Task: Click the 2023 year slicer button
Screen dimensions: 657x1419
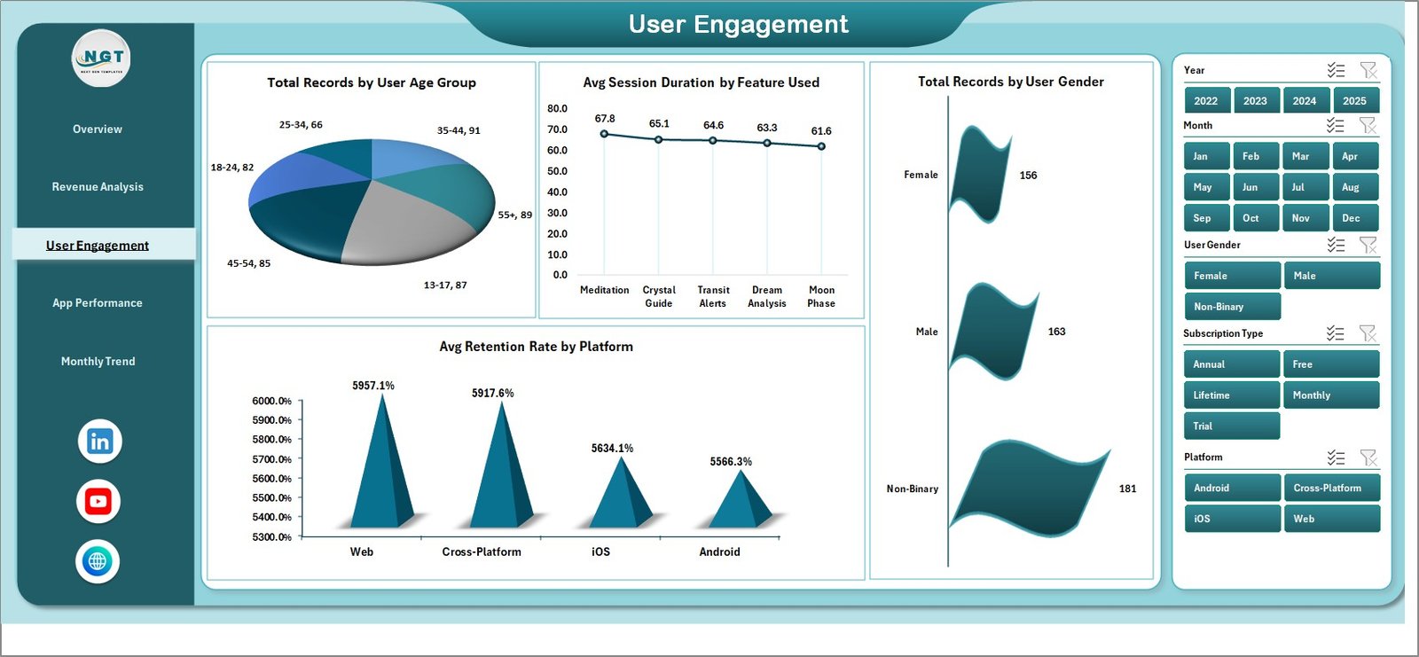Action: [1255, 100]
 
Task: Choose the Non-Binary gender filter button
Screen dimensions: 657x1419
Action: [1232, 307]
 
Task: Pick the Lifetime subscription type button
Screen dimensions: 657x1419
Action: [1231, 395]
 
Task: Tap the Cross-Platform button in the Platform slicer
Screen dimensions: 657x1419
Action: [1331, 488]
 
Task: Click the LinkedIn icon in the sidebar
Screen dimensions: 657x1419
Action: [99, 442]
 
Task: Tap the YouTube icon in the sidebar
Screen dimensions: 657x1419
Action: [98, 502]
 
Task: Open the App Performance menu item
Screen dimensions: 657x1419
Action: [98, 303]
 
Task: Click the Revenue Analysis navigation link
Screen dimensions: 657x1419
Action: [98, 187]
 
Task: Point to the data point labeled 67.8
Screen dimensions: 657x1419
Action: [605, 134]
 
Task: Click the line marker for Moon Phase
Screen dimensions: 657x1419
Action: [821, 146]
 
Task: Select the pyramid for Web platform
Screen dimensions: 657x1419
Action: [381, 470]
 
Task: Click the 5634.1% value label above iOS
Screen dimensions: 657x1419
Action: [612, 449]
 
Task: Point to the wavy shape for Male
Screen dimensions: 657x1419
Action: [993, 331]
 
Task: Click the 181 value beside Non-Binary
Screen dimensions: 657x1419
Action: [1127, 489]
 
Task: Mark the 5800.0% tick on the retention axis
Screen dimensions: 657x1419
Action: [272, 440]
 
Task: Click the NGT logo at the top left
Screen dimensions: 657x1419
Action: [101, 59]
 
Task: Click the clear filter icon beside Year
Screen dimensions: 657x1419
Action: [1368, 70]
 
